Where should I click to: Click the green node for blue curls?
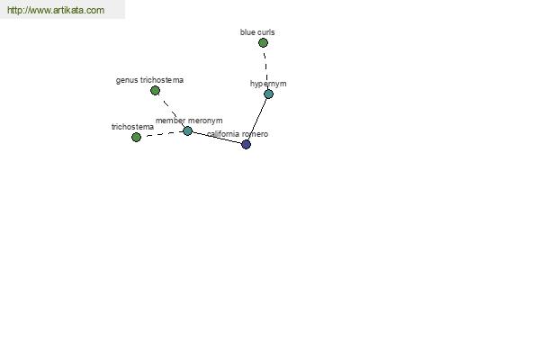(263, 42)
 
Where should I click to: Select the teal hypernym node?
(268, 94)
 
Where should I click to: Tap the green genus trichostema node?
(156, 91)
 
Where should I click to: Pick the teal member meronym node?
(188, 130)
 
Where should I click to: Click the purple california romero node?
(247, 144)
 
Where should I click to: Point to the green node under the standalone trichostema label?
(137, 137)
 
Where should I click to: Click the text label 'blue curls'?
(257, 32)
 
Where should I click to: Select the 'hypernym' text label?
(268, 84)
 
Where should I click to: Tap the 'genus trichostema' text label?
(149, 80)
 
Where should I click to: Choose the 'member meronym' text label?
(189, 121)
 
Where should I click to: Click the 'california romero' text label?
(238, 134)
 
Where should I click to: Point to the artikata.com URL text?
(56, 10)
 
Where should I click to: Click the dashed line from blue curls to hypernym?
(266, 68)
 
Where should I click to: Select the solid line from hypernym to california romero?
(257, 119)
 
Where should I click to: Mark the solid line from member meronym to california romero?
(217, 138)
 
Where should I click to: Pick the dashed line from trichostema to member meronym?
(162, 134)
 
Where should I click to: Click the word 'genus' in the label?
(127, 80)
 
